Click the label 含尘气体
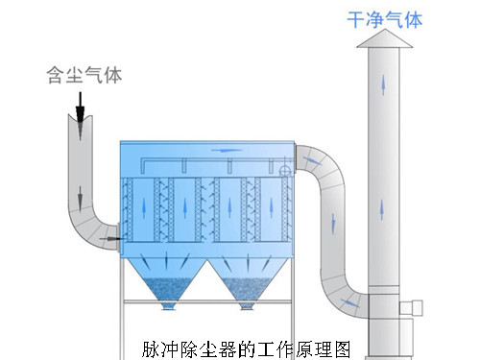coord(84,74)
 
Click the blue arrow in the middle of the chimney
coord(385,204)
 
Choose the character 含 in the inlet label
coord(56,74)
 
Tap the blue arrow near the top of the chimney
coord(387,84)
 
